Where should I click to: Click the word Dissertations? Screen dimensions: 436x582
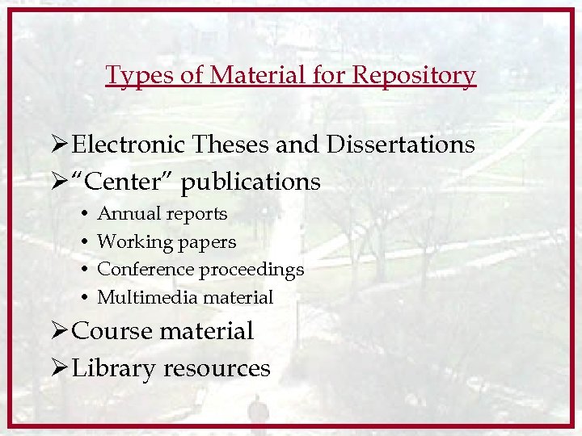401,145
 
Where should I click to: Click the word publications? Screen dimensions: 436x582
251,182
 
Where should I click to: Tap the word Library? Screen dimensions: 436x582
114,369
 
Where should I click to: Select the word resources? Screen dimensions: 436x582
217,369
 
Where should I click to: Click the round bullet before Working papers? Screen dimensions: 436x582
86,242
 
